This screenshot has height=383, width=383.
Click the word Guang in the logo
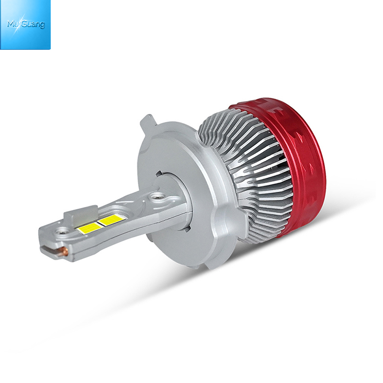34,25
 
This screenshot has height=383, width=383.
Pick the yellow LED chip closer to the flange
112,219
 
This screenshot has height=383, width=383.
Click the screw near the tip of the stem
60,230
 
